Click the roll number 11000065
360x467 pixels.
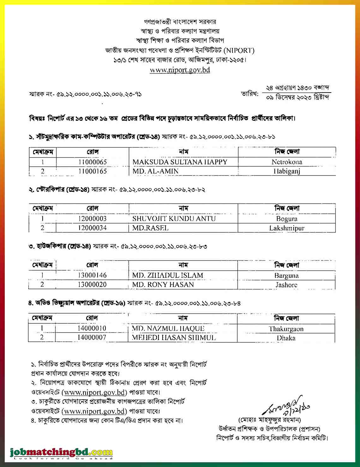click(x=93, y=162)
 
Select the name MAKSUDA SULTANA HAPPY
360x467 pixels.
click(x=180, y=162)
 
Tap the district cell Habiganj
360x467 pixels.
click(x=287, y=171)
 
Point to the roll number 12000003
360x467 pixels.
click(x=93, y=219)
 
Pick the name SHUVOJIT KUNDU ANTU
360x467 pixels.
click(x=174, y=219)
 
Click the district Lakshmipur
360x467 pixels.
click(x=287, y=228)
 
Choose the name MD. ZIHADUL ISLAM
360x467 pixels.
click(x=168, y=276)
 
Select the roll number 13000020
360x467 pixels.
click(x=92, y=285)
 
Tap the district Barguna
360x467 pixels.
click(x=286, y=276)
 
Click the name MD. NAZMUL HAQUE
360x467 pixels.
click(x=168, y=329)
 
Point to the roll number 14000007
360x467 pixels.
click(x=92, y=337)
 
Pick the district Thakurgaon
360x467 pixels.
click(x=286, y=329)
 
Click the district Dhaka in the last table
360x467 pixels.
click(x=286, y=338)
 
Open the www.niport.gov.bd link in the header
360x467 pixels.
click(x=180, y=70)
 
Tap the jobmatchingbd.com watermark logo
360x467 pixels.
click(x=61, y=452)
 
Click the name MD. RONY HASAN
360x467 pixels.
click(x=163, y=285)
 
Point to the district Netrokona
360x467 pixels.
click(x=287, y=162)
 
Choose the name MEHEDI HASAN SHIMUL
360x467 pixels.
click(x=174, y=338)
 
